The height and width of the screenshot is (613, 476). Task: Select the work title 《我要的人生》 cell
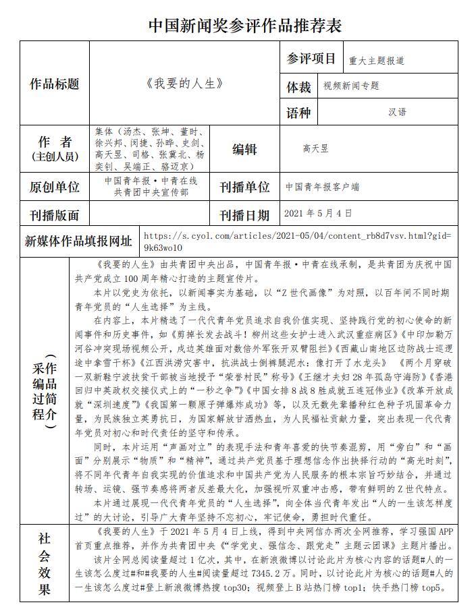pyautogui.click(x=184, y=84)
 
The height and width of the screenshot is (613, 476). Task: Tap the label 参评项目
pyautogui.click(x=311, y=59)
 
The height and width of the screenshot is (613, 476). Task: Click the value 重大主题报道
pyautogui.click(x=377, y=60)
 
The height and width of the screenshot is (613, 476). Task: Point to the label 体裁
pyautogui.click(x=299, y=86)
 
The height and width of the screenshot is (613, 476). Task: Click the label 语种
pyautogui.click(x=299, y=112)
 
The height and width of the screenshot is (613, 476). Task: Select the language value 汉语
pyautogui.click(x=398, y=112)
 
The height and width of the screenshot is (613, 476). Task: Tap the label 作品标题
pyautogui.click(x=55, y=84)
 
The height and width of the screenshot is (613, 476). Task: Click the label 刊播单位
pyautogui.click(x=244, y=187)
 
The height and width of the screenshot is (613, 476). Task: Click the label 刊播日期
pyautogui.click(x=244, y=215)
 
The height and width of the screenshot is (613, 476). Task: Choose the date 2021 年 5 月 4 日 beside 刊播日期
pyautogui.click(x=318, y=213)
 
